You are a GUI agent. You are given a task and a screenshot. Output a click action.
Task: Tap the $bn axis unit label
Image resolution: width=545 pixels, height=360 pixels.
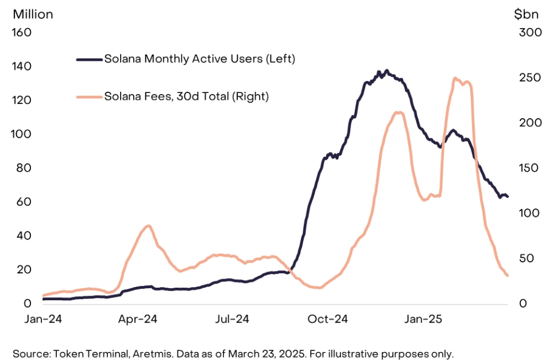coord(525,14)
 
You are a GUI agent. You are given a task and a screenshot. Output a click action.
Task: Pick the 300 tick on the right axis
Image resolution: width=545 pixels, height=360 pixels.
coord(525,32)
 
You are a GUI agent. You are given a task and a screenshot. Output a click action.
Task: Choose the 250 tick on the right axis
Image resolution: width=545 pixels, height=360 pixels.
coord(525,78)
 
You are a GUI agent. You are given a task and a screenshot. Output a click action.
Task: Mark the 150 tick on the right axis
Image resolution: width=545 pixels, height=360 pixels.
coord(525,168)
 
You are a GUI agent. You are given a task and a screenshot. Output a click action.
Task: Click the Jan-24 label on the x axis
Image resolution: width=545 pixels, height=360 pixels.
coord(42,319)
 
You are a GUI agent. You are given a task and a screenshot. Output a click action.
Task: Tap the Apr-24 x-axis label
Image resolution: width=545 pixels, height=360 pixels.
coord(138,319)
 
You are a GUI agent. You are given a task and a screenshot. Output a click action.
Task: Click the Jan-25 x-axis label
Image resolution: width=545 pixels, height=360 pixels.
coord(425,319)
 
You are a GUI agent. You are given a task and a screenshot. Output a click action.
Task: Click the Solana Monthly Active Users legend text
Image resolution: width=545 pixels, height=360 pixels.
coord(199,59)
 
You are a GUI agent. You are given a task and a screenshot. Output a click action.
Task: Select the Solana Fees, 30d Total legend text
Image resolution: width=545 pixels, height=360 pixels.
coord(186,96)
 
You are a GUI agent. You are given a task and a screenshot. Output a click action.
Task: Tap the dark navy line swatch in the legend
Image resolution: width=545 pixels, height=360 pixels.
coord(89,59)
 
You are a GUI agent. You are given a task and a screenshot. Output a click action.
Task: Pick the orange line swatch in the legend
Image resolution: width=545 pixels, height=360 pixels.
coord(89,96)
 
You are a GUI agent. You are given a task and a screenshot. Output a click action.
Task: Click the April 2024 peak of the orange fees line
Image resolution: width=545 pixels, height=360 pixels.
coord(148,226)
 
